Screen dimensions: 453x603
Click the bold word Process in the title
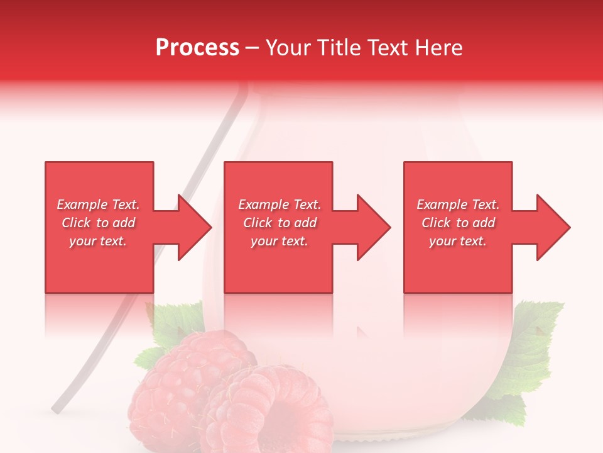tap(197, 48)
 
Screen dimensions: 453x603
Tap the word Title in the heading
tap(339, 48)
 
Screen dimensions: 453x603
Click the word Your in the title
tap(290, 48)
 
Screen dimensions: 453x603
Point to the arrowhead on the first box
tap(194, 227)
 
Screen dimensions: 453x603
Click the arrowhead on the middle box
tap(374, 227)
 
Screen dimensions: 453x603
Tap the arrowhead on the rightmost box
tap(553, 227)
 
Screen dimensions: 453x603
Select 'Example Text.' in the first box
tap(98, 204)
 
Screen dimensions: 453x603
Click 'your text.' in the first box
tap(98, 241)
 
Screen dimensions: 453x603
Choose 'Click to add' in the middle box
tap(280, 223)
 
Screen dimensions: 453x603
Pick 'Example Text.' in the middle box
tap(280, 204)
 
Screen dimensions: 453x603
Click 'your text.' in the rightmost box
tap(458, 241)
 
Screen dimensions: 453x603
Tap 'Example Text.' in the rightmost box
tap(458, 204)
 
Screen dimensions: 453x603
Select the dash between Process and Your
tap(252, 48)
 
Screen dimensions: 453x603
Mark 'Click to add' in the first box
tap(98, 223)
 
